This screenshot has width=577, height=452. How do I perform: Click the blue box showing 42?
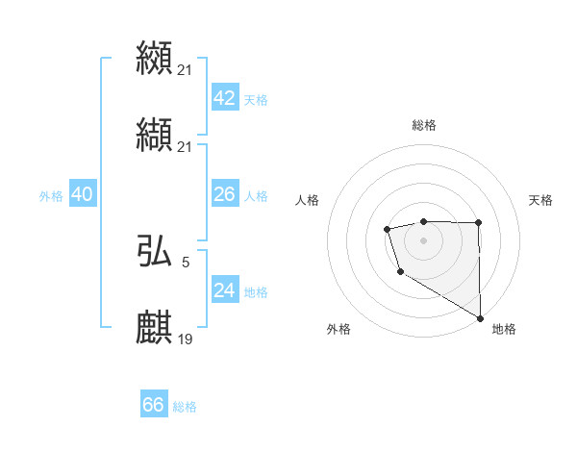[224, 98]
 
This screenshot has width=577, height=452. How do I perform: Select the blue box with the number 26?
[224, 194]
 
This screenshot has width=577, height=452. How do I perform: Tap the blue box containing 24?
[224, 290]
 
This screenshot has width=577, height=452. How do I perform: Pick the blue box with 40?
[83, 194]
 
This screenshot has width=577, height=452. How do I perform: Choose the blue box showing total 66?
[154, 405]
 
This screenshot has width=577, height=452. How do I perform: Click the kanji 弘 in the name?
[155, 252]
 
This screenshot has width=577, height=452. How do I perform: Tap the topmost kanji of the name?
[155, 58]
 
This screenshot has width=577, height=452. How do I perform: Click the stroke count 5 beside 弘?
[186, 262]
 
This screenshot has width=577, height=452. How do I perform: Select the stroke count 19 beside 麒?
[187, 339]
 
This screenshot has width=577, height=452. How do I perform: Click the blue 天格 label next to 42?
[256, 100]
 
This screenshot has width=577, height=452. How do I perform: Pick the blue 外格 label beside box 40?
[51, 196]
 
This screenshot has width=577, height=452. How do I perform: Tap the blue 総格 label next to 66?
[185, 407]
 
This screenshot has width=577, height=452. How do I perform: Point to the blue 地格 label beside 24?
[256, 292]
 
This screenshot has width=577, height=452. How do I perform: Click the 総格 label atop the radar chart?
[424, 125]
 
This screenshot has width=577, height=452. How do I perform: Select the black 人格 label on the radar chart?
[308, 200]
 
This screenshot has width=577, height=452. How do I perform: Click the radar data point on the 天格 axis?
[478, 223]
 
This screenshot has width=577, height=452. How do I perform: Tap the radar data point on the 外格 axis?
[399, 273]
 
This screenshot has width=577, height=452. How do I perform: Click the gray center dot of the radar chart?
[423, 239]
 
